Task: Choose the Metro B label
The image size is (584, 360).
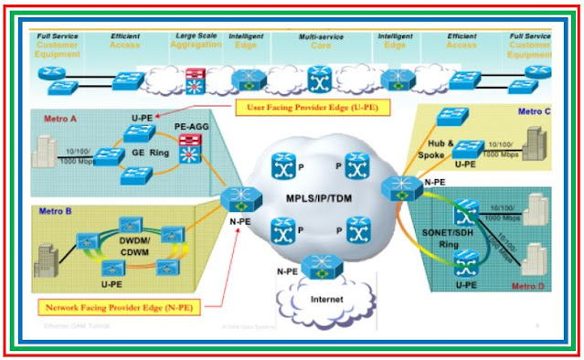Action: [x=53, y=211]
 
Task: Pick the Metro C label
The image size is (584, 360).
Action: [x=536, y=111]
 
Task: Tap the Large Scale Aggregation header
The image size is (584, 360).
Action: [x=197, y=41]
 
